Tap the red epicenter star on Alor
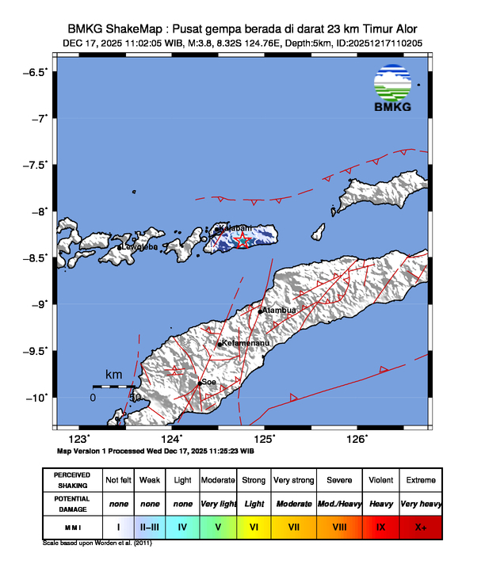click(x=243, y=239)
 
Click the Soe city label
click(x=208, y=381)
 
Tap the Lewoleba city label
click(x=139, y=246)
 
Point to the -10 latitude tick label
click(x=35, y=397)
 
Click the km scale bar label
click(x=113, y=374)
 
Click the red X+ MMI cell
click(x=420, y=524)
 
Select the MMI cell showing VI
click(x=254, y=524)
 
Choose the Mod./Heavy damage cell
click(x=337, y=503)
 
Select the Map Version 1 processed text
click(x=155, y=450)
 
